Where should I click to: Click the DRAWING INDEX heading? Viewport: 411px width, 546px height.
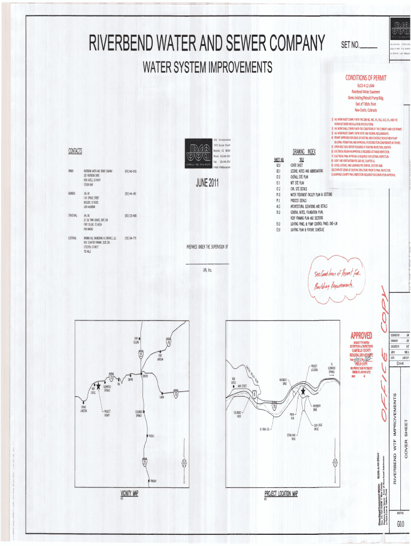point(304,152)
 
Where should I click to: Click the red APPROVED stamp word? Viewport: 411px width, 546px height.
point(361,335)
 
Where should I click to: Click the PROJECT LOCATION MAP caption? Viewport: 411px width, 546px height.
point(281,494)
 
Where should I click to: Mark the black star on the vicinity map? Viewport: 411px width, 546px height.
point(98,384)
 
